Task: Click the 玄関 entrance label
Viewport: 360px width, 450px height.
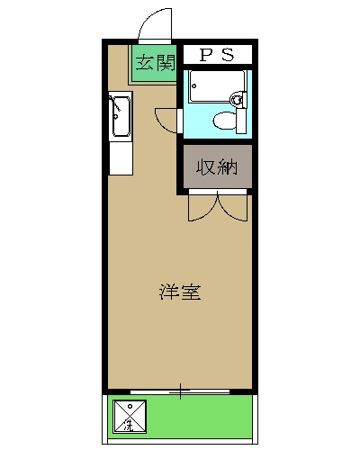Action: coord(154,63)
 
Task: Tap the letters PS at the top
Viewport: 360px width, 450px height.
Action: coord(216,55)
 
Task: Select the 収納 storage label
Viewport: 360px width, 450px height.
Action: coord(217,167)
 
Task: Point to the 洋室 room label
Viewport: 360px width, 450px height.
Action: coord(180,292)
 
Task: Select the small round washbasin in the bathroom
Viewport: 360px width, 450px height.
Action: coord(238,100)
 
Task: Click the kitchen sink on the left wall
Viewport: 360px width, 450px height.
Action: coord(120,117)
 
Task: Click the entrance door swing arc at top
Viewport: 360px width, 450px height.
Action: coord(155,23)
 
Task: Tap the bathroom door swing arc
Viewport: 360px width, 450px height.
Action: coord(167,119)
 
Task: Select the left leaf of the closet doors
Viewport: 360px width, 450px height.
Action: coord(202,208)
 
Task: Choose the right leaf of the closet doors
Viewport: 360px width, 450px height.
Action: coord(234,208)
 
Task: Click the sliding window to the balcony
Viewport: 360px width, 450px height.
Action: coord(180,392)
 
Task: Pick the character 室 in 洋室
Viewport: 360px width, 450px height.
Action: coord(190,292)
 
